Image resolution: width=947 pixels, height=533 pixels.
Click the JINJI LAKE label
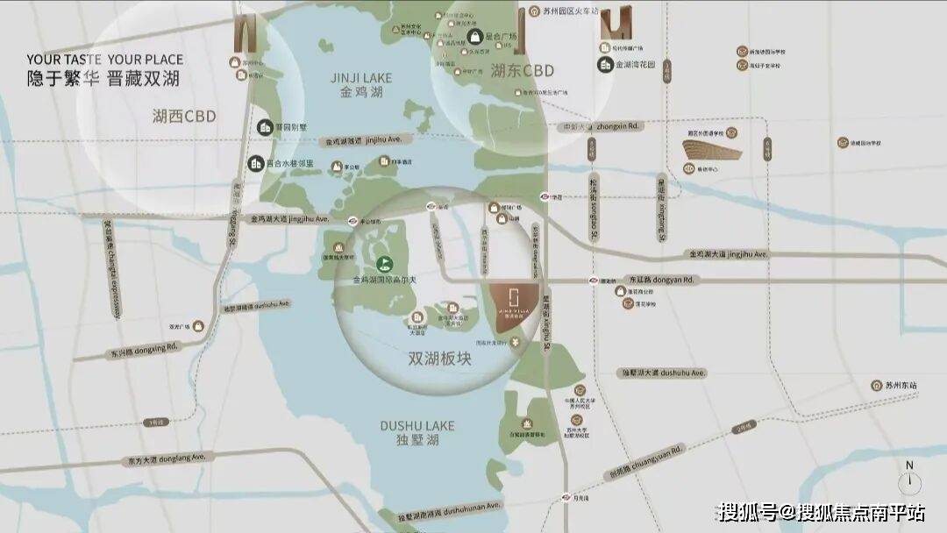pos(361,78)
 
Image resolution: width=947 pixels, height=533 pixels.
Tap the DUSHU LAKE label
pos(417,426)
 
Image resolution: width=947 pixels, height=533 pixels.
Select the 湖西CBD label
pos(184,116)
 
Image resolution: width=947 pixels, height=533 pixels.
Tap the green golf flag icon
pos(383,263)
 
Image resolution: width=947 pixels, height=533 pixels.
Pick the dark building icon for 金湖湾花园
pos(605,64)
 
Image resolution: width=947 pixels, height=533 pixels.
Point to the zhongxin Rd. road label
pos(618,126)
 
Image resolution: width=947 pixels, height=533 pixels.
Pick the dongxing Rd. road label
pos(146,347)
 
